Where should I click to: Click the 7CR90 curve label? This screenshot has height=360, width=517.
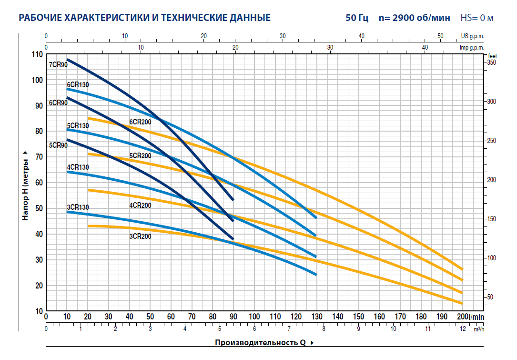58,65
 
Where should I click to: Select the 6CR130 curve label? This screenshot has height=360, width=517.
78,85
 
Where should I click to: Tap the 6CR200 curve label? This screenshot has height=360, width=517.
140,122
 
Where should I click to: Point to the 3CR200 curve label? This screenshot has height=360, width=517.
140,236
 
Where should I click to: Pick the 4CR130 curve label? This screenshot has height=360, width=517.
78,167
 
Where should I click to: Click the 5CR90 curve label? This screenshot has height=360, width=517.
58,145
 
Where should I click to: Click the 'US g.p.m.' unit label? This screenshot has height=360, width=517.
472,36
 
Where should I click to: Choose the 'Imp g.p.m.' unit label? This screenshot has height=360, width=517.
471,48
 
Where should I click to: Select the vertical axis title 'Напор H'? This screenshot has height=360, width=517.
26,186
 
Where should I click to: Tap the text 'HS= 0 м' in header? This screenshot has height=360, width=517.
477,19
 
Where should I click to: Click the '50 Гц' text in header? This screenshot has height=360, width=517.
357,19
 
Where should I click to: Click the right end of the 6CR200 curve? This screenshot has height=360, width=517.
462,269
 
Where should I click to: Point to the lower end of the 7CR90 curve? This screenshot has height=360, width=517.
233,199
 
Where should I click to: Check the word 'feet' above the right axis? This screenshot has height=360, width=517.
492,55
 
